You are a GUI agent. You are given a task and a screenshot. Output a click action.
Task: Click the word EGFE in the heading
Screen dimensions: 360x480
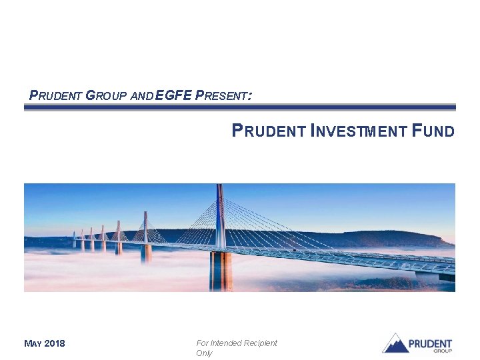(x=173, y=95)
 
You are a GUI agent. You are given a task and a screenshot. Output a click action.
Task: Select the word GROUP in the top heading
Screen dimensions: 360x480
(x=107, y=95)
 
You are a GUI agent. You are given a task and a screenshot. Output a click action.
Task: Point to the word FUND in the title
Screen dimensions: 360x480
(x=433, y=131)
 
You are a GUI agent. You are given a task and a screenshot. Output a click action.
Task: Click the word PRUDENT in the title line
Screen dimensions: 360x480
(x=269, y=131)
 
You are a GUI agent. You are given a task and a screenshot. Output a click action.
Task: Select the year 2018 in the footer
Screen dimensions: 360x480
(x=55, y=344)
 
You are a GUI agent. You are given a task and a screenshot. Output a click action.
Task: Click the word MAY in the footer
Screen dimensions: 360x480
(x=33, y=344)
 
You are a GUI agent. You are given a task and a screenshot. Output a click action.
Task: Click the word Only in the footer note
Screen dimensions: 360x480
(x=204, y=353)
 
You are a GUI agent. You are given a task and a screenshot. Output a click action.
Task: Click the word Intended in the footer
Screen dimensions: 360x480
(x=225, y=343)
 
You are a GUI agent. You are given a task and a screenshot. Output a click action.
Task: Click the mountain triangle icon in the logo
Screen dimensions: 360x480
(x=395, y=343)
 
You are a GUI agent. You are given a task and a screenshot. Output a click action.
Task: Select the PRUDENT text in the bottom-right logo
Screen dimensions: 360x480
(x=430, y=343)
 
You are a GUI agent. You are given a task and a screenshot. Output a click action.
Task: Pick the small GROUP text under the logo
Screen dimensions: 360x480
(x=443, y=351)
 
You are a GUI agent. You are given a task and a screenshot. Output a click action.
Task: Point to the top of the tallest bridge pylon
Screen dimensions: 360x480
(x=219, y=187)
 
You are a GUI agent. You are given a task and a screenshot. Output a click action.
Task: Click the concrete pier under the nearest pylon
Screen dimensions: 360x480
(x=221, y=271)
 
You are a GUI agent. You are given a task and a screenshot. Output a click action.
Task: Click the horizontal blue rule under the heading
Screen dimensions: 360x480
(x=240, y=107)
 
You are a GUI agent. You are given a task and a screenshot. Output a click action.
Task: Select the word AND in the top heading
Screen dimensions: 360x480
(x=141, y=96)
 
